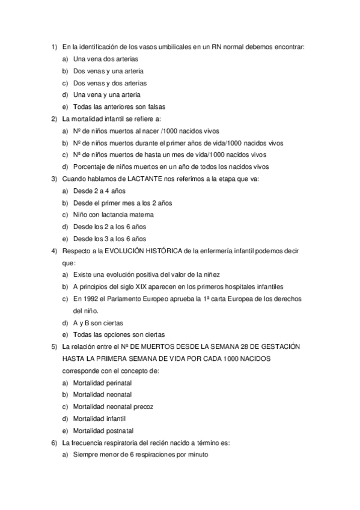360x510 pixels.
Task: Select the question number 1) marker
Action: [x=54, y=46]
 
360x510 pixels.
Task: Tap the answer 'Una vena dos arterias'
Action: [x=105, y=59]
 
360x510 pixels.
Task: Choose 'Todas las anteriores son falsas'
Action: [x=120, y=106]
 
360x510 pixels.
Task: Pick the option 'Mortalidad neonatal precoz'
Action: [x=113, y=407]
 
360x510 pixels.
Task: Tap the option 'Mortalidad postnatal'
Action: [x=103, y=431]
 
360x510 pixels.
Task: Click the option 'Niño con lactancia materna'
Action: [x=113, y=215]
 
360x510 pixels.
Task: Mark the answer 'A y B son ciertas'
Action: [x=98, y=323]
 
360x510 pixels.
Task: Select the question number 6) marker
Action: [x=54, y=443]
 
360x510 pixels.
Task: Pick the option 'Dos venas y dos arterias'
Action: [x=109, y=83]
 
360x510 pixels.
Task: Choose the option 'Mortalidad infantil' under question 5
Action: [x=100, y=419]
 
